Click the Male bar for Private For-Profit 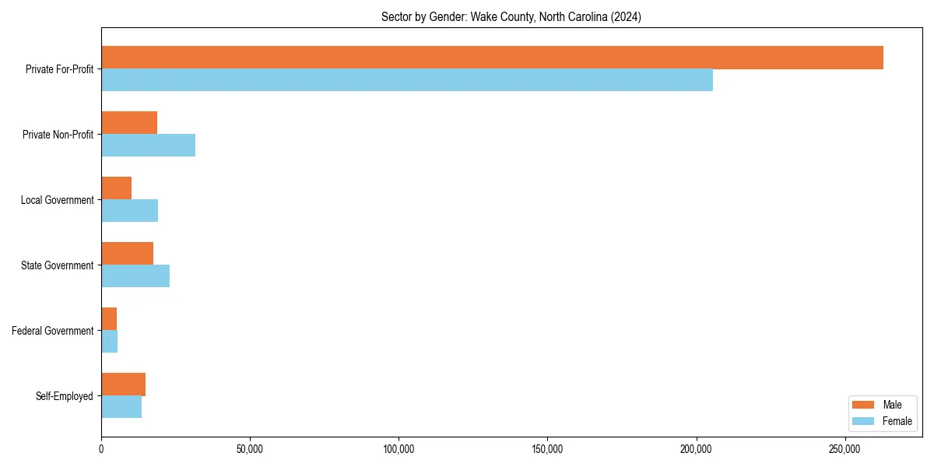click(x=492, y=58)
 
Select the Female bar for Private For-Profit click(x=407, y=80)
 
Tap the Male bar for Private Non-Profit click(x=129, y=123)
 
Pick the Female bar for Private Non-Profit click(x=148, y=146)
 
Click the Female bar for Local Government click(x=129, y=211)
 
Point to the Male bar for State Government click(x=127, y=254)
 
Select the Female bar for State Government click(x=135, y=276)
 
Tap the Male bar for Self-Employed click(x=123, y=384)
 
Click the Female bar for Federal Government click(x=109, y=342)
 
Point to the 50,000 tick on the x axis click(x=250, y=449)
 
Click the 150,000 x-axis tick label click(x=547, y=449)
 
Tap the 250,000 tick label click(x=844, y=449)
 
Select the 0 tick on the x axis click(x=101, y=449)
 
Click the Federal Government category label click(x=53, y=331)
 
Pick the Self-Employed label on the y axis click(x=65, y=396)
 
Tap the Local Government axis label click(x=57, y=200)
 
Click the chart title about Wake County click(x=511, y=16)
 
